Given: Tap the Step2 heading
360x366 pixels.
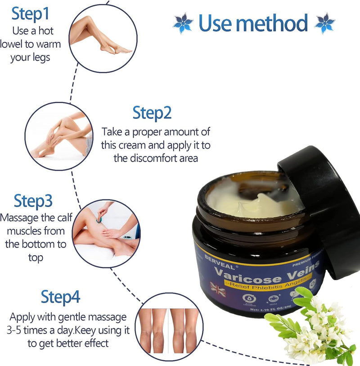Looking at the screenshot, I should pyautogui.click(x=152, y=113).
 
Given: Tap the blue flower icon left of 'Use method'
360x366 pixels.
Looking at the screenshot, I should pyautogui.click(x=183, y=23).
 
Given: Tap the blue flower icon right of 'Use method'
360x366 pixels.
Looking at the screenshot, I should pyautogui.click(x=325, y=23).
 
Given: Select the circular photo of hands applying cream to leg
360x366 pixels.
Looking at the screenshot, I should pyautogui.click(x=58, y=136).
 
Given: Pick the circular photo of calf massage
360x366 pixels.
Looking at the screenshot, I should pyautogui.click(x=106, y=233).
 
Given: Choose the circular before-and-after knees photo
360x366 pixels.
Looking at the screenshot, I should pyautogui.click(x=167, y=326).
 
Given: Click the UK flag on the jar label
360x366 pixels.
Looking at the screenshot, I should pyautogui.click(x=218, y=289).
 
